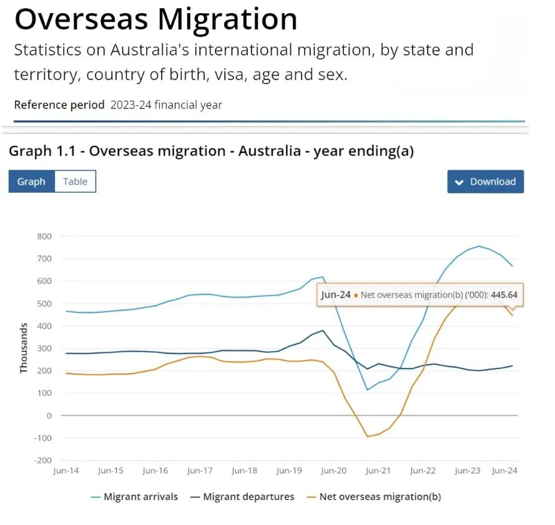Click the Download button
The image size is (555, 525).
[486, 181]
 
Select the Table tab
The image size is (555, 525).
[75, 181]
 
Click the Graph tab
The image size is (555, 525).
[31, 181]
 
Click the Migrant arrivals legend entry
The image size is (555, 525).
[140, 497]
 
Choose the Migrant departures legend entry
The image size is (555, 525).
[248, 497]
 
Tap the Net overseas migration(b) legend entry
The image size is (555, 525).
[380, 497]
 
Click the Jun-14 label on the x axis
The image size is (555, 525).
[66, 471]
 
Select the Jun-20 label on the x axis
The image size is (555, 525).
[333, 471]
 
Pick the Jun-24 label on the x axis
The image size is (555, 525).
[504, 471]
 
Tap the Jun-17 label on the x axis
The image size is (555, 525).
[200, 471]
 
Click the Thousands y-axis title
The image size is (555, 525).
[24, 348]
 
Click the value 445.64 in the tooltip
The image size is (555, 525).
[508, 295]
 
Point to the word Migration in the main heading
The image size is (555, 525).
[227, 19]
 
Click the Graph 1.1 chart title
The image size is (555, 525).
[211, 151]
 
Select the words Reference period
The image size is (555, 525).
[59, 105]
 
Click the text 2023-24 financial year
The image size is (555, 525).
[166, 105]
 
